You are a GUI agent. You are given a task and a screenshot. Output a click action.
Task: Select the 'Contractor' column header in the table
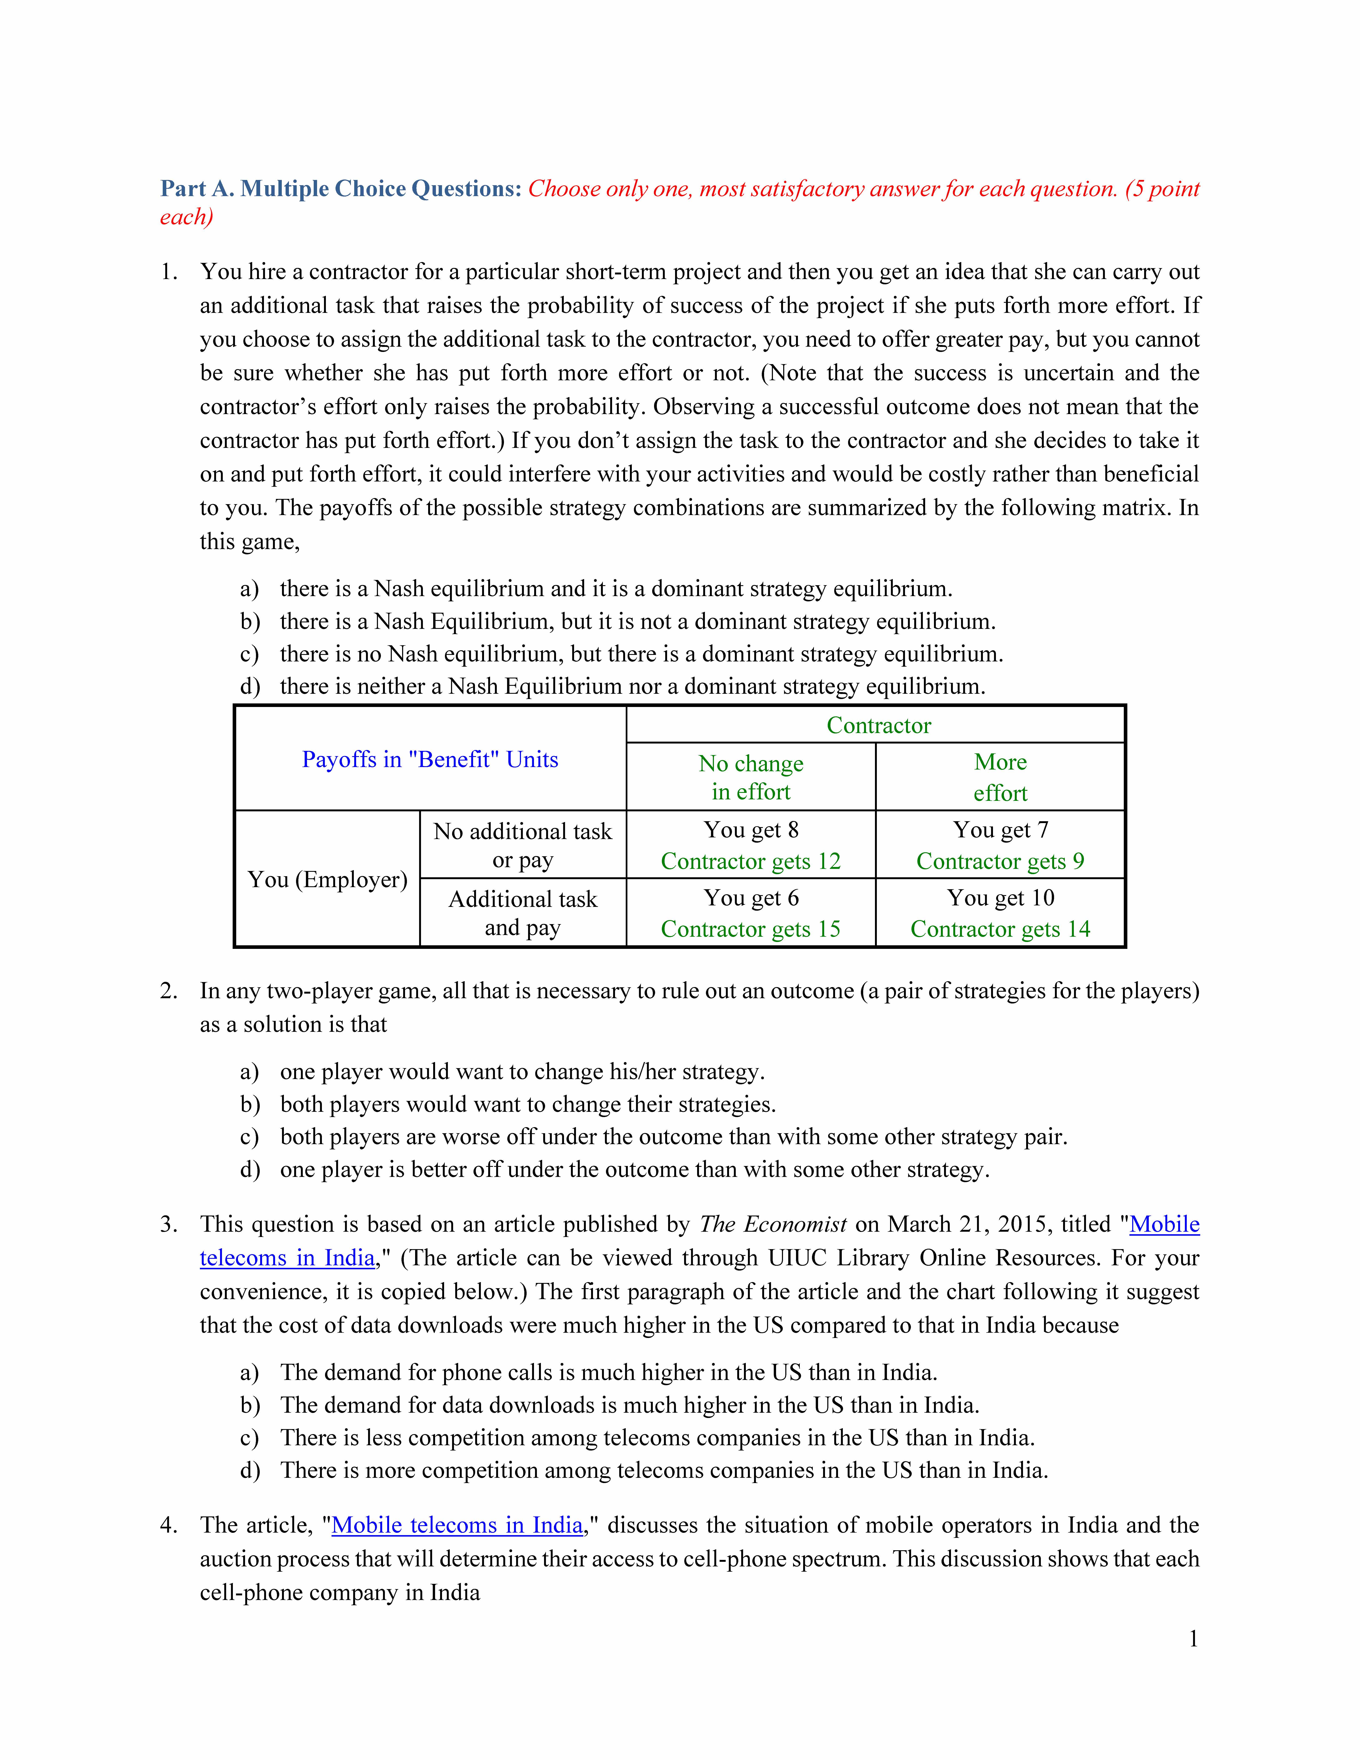coord(878,725)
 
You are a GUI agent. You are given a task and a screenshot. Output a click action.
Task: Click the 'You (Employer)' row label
coord(327,879)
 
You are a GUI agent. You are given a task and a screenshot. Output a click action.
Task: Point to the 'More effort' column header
coord(1000,777)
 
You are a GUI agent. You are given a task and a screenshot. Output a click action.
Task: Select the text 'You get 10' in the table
coord(1000,898)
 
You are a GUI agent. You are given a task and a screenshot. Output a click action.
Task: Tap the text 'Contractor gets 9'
coord(1000,862)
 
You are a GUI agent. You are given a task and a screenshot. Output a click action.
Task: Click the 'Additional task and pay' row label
coord(523,913)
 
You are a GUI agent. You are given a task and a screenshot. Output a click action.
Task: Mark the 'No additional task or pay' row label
coord(523,845)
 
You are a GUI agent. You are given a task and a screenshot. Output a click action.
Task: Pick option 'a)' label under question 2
coord(250,1072)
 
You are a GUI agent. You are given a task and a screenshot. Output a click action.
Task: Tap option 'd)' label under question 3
coord(250,1471)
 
